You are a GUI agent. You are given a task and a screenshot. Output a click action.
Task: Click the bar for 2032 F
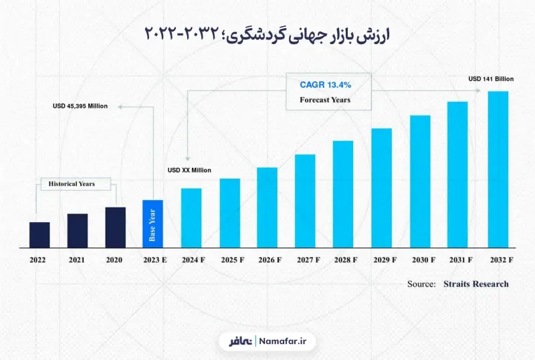coord(498,169)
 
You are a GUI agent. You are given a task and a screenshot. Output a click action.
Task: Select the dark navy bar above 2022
coord(39,235)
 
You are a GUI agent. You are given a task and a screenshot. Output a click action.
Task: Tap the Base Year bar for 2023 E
coord(152,224)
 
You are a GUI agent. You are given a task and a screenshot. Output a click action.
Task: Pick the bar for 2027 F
coord(305,201)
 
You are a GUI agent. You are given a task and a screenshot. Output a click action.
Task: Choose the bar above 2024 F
coord(191,218)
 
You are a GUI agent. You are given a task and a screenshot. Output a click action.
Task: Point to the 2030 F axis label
coord(423,260)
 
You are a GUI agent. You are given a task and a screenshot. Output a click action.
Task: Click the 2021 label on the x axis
coord(76,260)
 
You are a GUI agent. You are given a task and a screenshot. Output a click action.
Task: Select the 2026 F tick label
coord(270,260)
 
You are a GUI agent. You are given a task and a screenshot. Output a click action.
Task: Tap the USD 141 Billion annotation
coord(491,79)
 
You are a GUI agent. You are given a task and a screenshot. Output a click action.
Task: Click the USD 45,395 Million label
coord(80,106)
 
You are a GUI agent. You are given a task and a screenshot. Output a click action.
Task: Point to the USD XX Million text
coord(189,170)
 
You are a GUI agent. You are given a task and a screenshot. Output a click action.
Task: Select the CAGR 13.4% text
coord(326,85)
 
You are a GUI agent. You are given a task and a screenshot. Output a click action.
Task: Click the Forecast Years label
coord(325,100)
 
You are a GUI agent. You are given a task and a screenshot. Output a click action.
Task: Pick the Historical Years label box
coord(76,184)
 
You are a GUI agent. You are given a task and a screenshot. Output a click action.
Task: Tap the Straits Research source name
coord(476,284)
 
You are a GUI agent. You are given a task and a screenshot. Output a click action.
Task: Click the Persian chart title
coord(267,35)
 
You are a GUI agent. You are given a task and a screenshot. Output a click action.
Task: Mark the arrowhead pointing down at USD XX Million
coord(187,159)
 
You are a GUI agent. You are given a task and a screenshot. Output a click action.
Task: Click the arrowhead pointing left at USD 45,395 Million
coord(120,106)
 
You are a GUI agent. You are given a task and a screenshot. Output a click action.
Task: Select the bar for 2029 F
coord(381,188)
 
